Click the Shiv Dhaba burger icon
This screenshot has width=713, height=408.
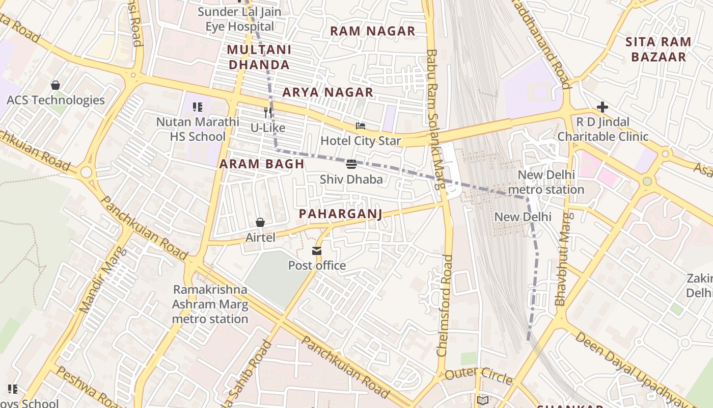click(x=351, y=164)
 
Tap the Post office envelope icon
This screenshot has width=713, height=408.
click(x=317, y=250)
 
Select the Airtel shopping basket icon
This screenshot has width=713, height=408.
click(x=260, y=222)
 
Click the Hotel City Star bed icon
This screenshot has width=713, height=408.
click(x=361, y=126)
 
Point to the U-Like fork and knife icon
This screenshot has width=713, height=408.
click(x=268, y=113)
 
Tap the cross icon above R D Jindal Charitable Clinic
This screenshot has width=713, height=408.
click(x=602, y=107)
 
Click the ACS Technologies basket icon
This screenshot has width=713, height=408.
click(x=56, y=85)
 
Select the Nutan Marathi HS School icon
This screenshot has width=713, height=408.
click(x=198, y=107)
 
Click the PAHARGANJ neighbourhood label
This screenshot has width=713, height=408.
click(x=340, y=214)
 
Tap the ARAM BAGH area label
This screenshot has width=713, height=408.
click(x=262, y=164)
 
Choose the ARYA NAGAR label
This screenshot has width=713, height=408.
click(x=328, y=92)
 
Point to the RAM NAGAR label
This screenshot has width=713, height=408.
click(x=373, y=31)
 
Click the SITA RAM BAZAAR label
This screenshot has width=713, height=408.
click(x=659, y=49)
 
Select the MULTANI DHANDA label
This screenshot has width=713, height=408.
click(x=259, y=57)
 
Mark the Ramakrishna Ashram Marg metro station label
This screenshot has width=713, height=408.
click(x=210, y=304)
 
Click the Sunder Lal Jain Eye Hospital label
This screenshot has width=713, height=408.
click(x=239, y=19)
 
